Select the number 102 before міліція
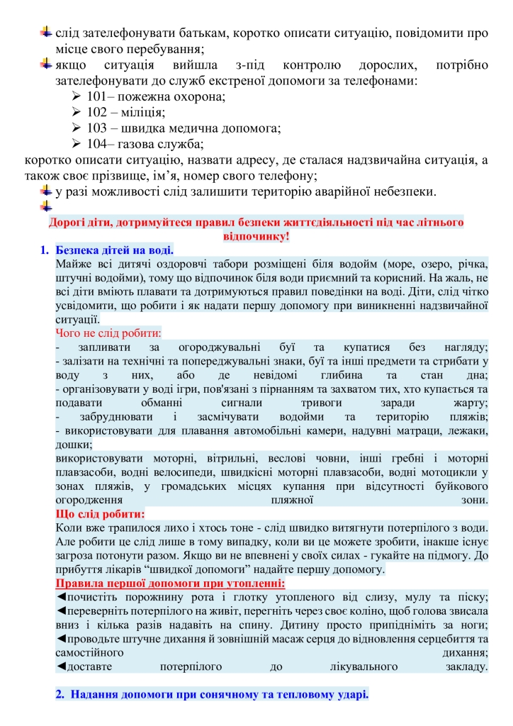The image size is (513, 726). (97, 113)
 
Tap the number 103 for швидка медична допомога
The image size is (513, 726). (97, 129)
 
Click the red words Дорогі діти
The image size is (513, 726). (78, 223)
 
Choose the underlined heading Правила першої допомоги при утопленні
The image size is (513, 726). (170, 583)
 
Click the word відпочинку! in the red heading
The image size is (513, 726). (256, 236)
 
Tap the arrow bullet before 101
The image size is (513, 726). (77, 97)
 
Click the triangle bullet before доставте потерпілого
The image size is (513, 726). (60, 666)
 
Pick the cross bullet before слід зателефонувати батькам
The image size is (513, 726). (46, 33)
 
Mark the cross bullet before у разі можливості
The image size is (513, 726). (46, 191)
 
